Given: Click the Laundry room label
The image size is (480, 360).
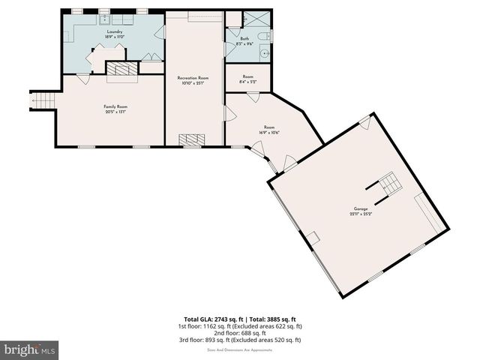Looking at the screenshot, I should coord(114,31).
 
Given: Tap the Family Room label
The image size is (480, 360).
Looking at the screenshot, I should coord(115,107).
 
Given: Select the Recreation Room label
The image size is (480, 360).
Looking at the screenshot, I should coord(193,78).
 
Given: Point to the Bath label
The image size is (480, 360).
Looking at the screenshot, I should coord(244,39).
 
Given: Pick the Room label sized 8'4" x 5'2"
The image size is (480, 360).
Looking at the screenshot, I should coord(247,76).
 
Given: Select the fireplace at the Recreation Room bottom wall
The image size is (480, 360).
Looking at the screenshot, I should coord(193,139).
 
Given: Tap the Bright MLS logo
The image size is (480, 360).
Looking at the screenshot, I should coord(30,349).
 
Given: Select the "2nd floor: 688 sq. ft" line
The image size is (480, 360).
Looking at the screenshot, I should coord(240,333).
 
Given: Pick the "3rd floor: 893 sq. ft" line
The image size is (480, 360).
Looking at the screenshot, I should coord(240,340).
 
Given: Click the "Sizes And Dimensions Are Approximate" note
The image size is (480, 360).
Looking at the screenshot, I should coord(240,347).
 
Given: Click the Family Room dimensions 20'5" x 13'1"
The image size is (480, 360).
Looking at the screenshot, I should coord(115,112).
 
